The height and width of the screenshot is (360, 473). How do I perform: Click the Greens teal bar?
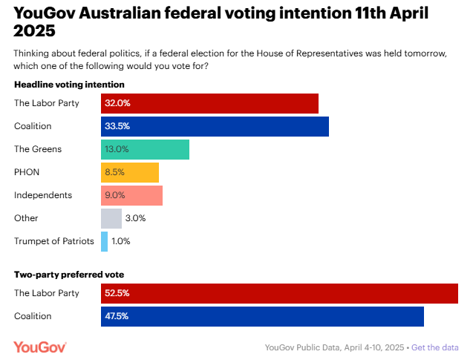[145, 149]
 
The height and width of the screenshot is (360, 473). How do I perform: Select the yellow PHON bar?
[130, 172]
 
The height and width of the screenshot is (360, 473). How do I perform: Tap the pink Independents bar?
[131, 195]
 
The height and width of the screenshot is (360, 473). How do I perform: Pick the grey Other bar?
[111, 218]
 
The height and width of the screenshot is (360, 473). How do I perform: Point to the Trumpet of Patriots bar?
[105, 241]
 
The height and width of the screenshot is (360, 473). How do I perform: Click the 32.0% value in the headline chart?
[115, 103]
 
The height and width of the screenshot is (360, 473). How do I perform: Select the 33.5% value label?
[115, 126]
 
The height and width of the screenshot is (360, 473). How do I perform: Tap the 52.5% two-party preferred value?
[117, 293]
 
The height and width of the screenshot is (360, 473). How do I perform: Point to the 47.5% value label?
[117, 316]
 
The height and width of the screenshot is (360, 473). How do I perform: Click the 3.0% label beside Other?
[135, 218]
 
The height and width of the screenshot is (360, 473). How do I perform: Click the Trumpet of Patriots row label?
[54, 241]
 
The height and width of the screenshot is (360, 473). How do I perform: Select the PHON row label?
[27, 172]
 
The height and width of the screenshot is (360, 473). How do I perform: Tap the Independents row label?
[43, 195]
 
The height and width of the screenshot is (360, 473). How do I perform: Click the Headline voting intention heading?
[69, 85]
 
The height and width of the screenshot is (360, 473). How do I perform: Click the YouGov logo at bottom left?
[40, 347]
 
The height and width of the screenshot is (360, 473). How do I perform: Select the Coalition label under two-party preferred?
[33, 316]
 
